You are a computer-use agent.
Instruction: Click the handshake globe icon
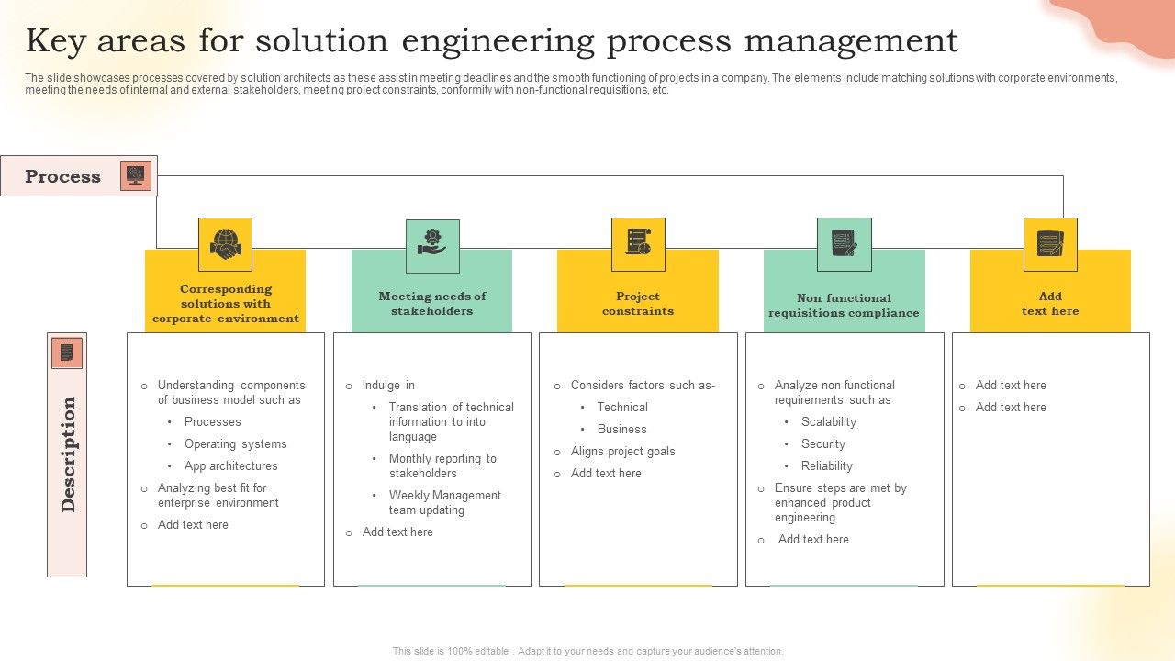pyautogui.click(x=225, y=244)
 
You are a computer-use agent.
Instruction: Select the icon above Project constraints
pyautogui.click(x=638, y=244)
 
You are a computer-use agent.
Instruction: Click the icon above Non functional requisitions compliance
pyautogui.click(x=844, y=244)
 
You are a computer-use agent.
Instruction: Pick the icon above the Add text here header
pyautogui.click(x=1050, y=244)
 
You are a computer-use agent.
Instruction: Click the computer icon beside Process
pyautogui.click(x=136, y=175)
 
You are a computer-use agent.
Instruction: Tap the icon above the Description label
pyautogui.click(x=66, y=353)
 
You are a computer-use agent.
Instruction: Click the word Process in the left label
pyautogui.click(x=62, y=176)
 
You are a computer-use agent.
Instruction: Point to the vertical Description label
pyautogui.click(x=68, y=454)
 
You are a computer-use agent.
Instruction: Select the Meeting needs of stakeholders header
pyautogui.click(x=431, y=304)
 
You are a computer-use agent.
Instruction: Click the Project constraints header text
pyautogui.click(x=638, y=304)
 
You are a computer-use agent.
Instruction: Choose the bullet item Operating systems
pyautogui.click(x=235, y=444)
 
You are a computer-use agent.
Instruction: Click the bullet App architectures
pyautogui.click(x=230, y=466)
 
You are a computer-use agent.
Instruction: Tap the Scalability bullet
pyautogui.click(x=828, y=422)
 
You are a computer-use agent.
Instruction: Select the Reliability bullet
pyautogui.click(x=826, y=466)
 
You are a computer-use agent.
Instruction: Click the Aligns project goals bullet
pyautogui.click(x=622, y=452)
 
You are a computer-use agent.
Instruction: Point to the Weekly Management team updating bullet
pyautogui.click(x=444, y=503)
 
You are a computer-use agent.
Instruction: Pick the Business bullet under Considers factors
pyautogui.click(x=621, y=430)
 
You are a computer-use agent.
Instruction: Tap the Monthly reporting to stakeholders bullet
pyautogui.click(x=442, y=466)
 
